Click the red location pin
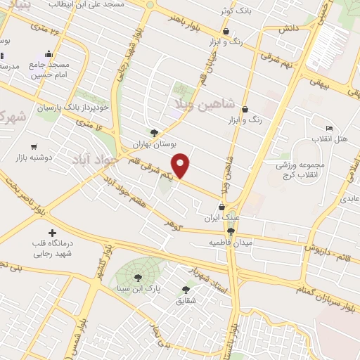[181, 166]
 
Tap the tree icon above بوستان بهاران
[154, 131]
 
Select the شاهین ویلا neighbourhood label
[200, 106]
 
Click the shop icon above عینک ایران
[223, 207]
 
